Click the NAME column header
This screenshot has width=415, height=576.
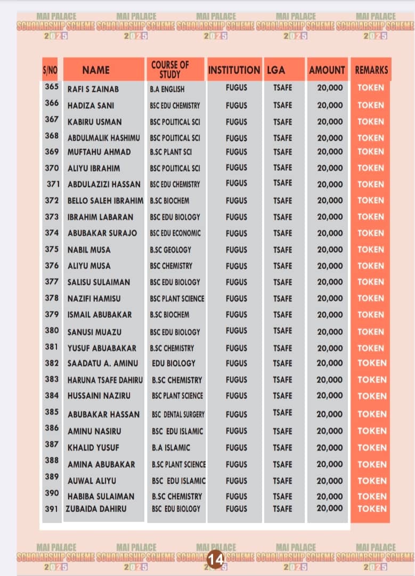tap(96, 70)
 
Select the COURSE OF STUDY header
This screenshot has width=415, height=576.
tap(170, 70)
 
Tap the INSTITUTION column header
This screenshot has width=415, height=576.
tap(234, 70)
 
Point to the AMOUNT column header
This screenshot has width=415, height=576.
tap(327, 70)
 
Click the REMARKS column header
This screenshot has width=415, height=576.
tap(371, 70)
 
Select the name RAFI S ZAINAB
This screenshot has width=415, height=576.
tap(93, 89)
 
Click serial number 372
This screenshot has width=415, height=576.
tap(52, 201)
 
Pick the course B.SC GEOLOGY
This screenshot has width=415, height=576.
tap(170, 250)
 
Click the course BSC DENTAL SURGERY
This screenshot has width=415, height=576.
tap(178, 414)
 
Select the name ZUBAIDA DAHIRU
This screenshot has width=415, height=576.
tap(96, 509)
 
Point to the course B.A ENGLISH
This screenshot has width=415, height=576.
tap(167, 89)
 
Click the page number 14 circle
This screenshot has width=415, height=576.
tap(215, 559)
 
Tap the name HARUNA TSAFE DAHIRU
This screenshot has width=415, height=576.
tap(105, 380)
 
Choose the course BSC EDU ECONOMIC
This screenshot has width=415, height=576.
tap(175, 233)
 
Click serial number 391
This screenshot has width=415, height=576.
tap(52, 509)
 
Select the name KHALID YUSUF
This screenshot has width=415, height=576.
tap(93, 447)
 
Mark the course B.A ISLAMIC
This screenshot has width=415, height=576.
tap(170, 447)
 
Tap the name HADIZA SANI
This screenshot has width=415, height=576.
tap(91, 106)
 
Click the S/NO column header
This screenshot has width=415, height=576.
tap(50, 70)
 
